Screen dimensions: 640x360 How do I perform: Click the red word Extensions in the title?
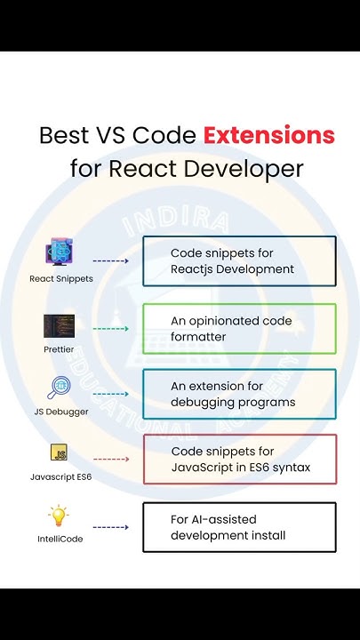pyautogui.click(x=268, y=136)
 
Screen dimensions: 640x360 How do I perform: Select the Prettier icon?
pyautogui.click(x=59, y=325)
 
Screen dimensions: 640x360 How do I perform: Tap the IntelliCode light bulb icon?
pyautogui.click(x=60, y=516)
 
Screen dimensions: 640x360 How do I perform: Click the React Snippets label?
pyautogui.click(x=60, y=278)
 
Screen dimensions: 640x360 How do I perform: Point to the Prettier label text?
pyautogui.click(x=59, y=349)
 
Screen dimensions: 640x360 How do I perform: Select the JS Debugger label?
pyautogui.click(x=60, y=412)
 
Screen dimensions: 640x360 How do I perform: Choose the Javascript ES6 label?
pyautogui.click(x=60, y=477)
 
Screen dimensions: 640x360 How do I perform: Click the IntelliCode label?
pyautogui.click(x=60, y=539)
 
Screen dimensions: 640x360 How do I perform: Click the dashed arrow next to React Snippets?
pyautogui.click(x=111, y=261)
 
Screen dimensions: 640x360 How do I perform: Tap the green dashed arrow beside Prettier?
pyautogui.click(x=111, y=329)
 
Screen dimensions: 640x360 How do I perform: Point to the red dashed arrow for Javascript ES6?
pyautogui.click(x=111, y=460)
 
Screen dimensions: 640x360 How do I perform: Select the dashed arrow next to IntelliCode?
pyautogui.click(x=111, y=527)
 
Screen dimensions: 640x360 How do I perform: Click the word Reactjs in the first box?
pyautogui.click(x=195, y=269)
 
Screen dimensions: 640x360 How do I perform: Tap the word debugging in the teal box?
pyautogui.click(x=204, y=403)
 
